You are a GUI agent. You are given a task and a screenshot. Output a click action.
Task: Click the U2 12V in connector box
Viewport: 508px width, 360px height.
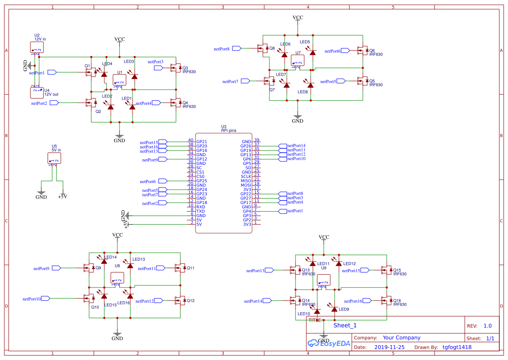click(x=37, y=47)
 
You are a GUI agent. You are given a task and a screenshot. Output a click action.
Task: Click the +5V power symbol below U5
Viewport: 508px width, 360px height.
click(x=63, y=196)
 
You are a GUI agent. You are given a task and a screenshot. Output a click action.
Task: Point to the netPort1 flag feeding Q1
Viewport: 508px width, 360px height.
click(x=52, y=72)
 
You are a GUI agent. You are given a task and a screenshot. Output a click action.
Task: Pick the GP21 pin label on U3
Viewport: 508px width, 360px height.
click(x=202, y=142)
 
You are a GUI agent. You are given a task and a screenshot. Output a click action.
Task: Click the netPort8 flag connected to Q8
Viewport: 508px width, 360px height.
click(x=237, y=49)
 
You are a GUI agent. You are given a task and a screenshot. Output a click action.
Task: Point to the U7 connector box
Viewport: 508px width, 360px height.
click(x=298, y=61)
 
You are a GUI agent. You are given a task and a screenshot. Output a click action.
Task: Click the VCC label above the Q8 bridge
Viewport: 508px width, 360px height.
click(x=298, y=17)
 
